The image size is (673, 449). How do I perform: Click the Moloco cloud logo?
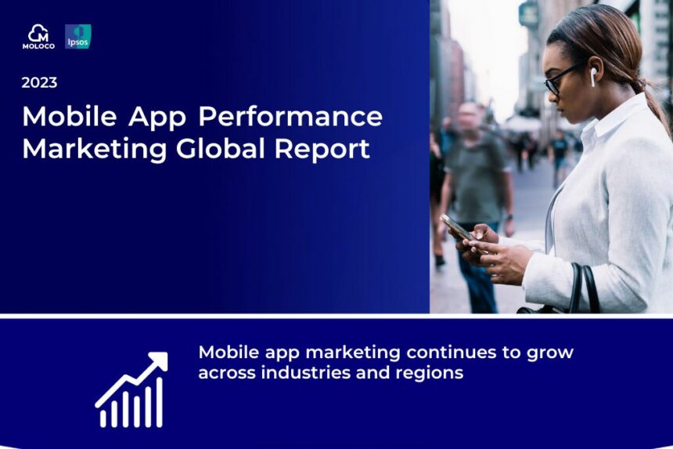point(38,37)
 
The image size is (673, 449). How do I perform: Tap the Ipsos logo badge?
point(78,37)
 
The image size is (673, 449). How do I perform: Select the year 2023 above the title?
point(39,82)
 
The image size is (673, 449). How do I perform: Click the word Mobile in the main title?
point(69,116)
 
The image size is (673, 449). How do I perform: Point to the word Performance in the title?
point(290,116)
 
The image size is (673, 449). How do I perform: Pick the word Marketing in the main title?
point(95,150)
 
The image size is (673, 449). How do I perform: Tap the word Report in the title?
point(322,150)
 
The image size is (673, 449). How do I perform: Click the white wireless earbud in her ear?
point(594,77)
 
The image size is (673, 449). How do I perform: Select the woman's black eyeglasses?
point(562,79)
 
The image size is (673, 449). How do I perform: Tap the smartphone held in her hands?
point(459,228)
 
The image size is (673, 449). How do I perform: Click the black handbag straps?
point(584,288)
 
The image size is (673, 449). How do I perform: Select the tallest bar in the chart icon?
point(159,403)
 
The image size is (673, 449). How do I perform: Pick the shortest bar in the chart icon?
point(103,418)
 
